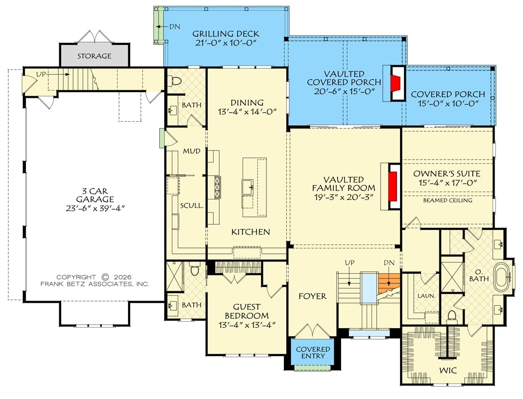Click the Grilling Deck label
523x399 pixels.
226,34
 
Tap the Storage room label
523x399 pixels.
94,56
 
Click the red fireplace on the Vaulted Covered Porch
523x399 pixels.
394,83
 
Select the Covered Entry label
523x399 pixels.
313,353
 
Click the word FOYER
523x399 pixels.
312,296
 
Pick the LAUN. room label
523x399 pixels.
426,296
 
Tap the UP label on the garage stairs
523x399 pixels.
41,74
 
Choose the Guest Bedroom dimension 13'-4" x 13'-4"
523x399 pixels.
247,325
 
